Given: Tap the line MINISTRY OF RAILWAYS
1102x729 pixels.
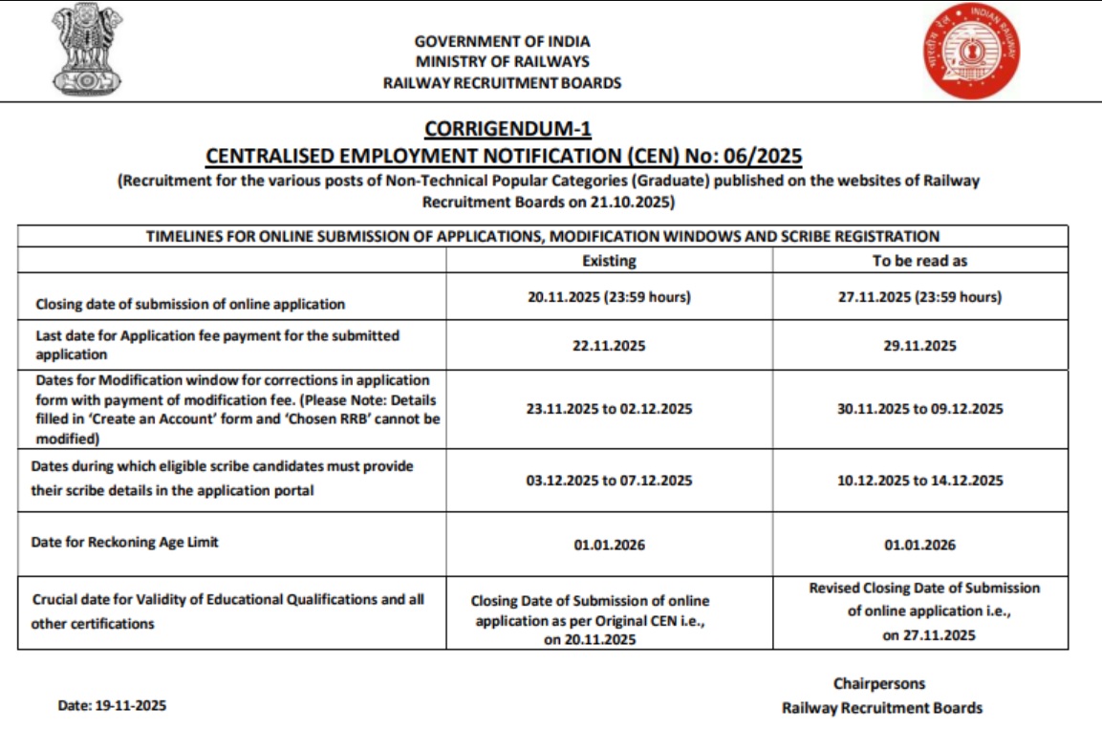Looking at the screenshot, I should coord(502,62).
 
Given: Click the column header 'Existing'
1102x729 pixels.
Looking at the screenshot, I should coord(609,261).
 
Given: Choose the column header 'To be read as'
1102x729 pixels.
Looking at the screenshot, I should coord(919,261).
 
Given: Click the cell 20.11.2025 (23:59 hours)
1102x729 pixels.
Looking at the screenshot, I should coord(609,297).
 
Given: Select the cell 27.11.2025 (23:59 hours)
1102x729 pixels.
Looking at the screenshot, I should coord(919,297).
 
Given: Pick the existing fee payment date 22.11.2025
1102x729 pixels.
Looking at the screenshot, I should coord(609,346).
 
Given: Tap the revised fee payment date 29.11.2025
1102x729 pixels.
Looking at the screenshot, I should coord(919,346).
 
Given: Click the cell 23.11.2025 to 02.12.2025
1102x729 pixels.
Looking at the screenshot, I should coord(609,409).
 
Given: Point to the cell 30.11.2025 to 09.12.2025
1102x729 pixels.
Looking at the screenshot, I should coord(919,409).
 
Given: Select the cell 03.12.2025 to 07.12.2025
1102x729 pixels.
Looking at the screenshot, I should coord(609,481).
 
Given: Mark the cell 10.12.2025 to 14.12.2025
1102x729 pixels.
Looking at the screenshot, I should coord(919,481).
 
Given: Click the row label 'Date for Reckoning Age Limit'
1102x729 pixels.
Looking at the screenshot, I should coord(125,542).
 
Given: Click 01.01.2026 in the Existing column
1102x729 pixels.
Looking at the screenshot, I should coord(609,546).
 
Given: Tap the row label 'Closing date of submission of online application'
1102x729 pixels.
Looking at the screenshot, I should coord(190,305).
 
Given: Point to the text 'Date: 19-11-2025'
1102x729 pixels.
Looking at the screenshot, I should coord(112,706).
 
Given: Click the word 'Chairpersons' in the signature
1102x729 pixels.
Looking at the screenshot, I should coord(878,684).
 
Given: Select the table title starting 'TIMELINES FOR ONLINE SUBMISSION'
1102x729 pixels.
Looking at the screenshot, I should coord(542,236).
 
